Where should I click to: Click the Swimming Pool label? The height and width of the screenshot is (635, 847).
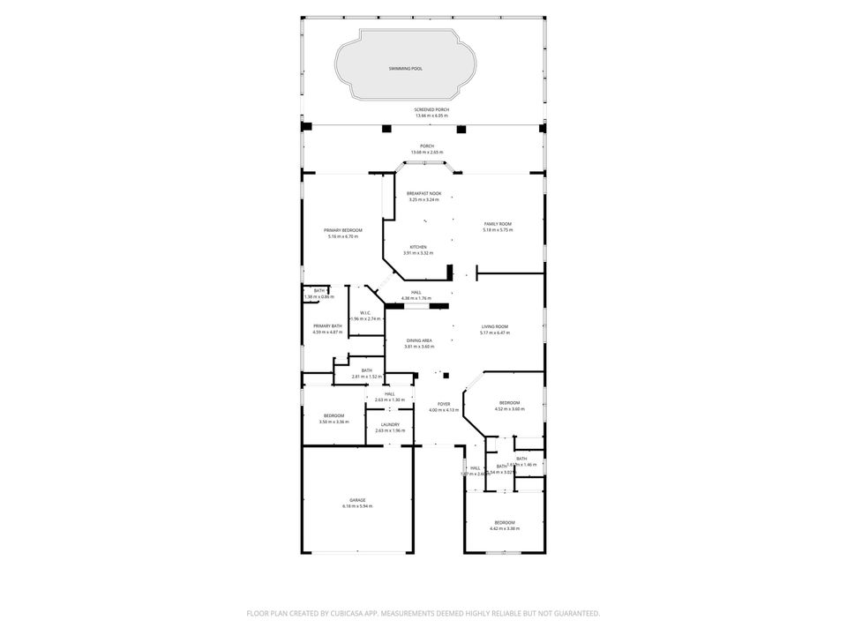[405, 68]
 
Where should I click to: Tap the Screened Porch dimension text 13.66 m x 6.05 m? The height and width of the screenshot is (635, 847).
[431, 116]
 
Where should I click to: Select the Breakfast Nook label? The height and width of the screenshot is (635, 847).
[423, 193]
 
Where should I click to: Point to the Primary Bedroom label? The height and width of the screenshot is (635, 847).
[344, 230]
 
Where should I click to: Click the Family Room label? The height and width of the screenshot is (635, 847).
[498, 224]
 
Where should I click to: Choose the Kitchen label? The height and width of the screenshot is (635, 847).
[417, 247]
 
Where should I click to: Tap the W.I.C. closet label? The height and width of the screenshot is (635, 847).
[364, 312]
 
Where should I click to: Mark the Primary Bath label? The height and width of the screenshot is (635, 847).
[327, 326]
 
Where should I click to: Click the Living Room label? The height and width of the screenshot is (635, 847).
[494, 326]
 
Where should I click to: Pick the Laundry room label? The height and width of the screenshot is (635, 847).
[389, 424]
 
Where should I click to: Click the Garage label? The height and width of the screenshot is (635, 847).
[357, 500]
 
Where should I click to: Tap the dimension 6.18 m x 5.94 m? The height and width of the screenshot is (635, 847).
[357, 506]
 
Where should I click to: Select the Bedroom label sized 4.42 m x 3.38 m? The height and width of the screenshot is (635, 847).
[505, 522]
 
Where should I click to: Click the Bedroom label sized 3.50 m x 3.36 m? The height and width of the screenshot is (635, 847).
[334, 415]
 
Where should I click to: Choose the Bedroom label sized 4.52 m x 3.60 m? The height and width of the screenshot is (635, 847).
[510, 403]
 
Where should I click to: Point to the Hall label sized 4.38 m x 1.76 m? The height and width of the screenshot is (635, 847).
[416, 292]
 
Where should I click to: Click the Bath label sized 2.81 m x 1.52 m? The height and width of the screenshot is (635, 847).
[366, 370]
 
